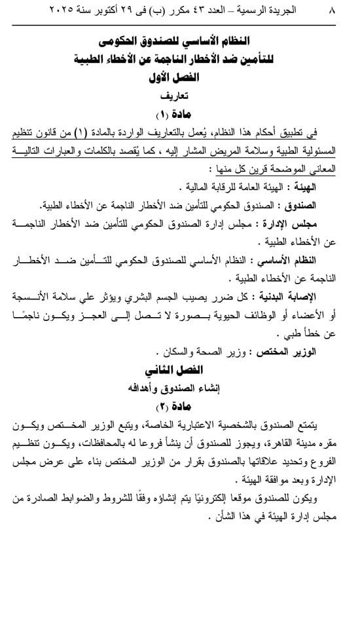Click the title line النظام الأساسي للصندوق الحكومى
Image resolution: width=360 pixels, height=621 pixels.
[x=181, y=43]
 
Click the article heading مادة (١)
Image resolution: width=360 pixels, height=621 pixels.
[x=181, y=113]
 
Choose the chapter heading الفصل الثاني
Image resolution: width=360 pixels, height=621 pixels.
[x=181, y=369]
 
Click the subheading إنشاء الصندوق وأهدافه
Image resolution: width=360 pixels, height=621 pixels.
[x=181, y=388]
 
